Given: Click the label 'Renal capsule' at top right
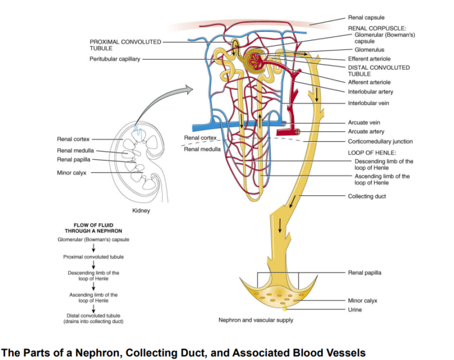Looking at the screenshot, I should click(x=366, y=18).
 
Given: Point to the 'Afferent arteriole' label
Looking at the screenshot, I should click(x=369, y=82).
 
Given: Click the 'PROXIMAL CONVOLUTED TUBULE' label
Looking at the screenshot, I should click(x=125, y=45).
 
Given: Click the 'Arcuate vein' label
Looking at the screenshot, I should click(x=364, y=123).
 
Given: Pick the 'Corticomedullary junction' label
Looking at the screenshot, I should click(x=380, y=141).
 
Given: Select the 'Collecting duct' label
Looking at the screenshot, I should click(x=366, y=196).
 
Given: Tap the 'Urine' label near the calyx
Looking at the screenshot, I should click(x=355, y=309).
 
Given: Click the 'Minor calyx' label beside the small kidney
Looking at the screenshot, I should click(x=72, y=173).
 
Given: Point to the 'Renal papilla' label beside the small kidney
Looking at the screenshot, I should click(x=73, y=160).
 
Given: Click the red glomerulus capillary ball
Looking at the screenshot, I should click(x=254, y=57).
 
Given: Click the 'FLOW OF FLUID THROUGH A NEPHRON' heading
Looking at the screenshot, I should click(x=93, y=228).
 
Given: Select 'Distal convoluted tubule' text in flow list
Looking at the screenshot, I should click(x=93, y=315).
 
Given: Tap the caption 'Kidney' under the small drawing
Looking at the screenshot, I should click(x=140, y=210).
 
